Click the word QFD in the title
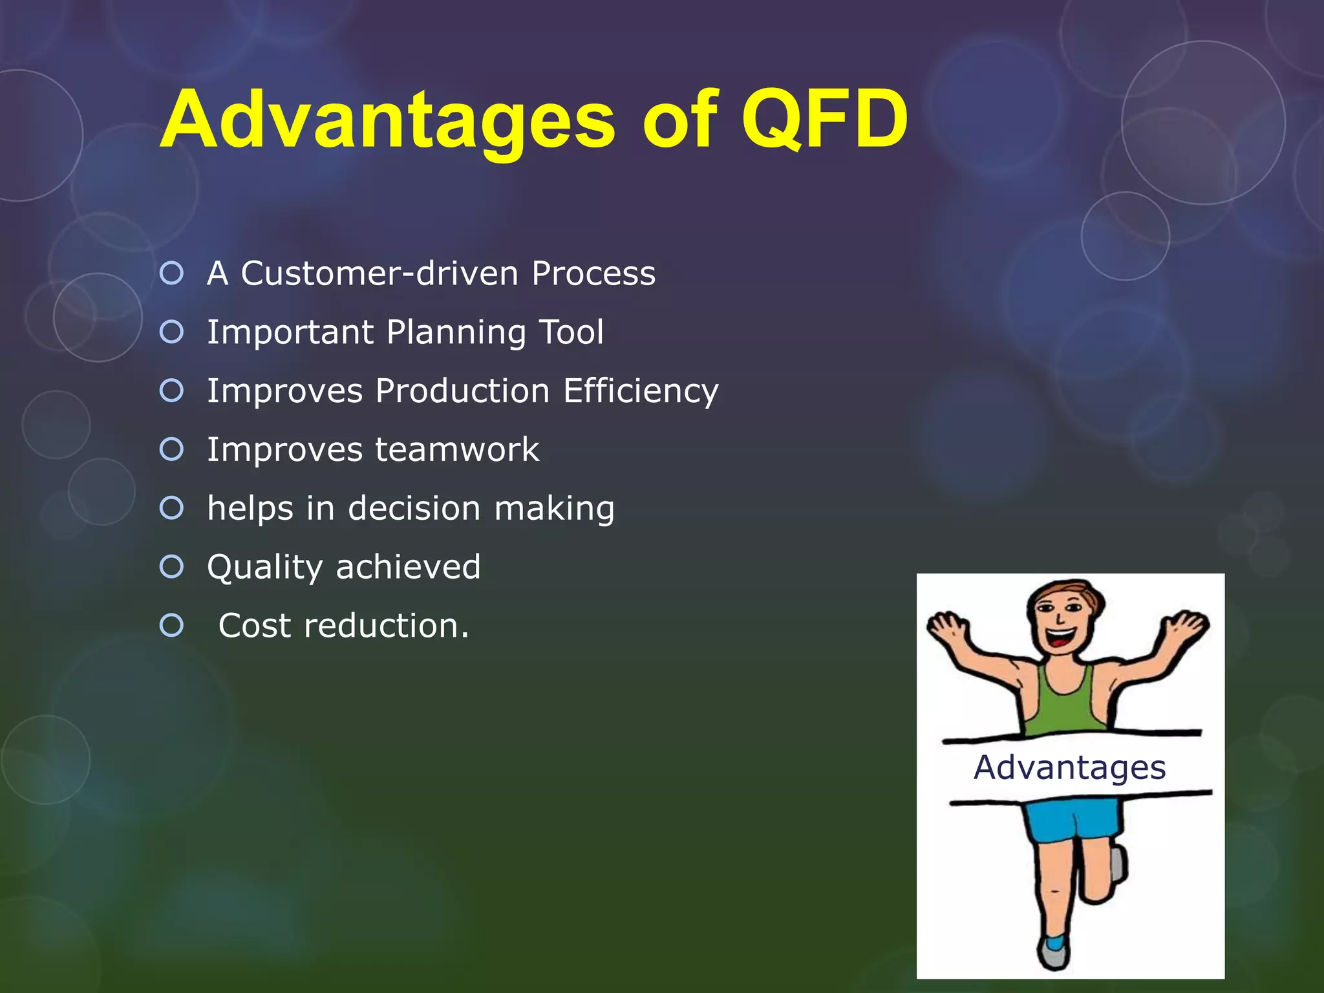(824, 121)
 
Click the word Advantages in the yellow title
(388, 121)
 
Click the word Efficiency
(640, 392)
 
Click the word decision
(414, 508)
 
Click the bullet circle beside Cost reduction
(172, 625)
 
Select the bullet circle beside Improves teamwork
(172, 449)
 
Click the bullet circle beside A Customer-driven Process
(172, 273)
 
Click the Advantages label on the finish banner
(1070, 768)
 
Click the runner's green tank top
(1063, 705)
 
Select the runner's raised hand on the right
(1188, 626)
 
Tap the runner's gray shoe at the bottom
(1054, 954)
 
